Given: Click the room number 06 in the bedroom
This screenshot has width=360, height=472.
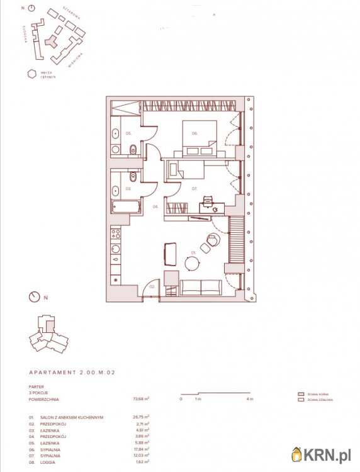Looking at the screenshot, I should click(x=195, y=133).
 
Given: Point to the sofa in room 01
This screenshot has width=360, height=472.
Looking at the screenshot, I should click(x=201, y=287).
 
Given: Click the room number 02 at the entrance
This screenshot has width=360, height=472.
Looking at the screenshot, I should click(x=152, y=286).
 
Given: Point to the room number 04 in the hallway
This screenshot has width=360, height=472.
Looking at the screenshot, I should click(x=155, y=206).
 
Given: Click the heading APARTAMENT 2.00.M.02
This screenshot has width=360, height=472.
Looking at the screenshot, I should click(x=72, y=373).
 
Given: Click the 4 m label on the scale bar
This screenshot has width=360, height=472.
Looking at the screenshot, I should click(x=250, y=399).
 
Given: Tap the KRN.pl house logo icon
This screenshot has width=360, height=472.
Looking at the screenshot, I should click(x=296, y=454).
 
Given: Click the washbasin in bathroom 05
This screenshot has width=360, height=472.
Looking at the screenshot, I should click(x=115, y=133).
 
